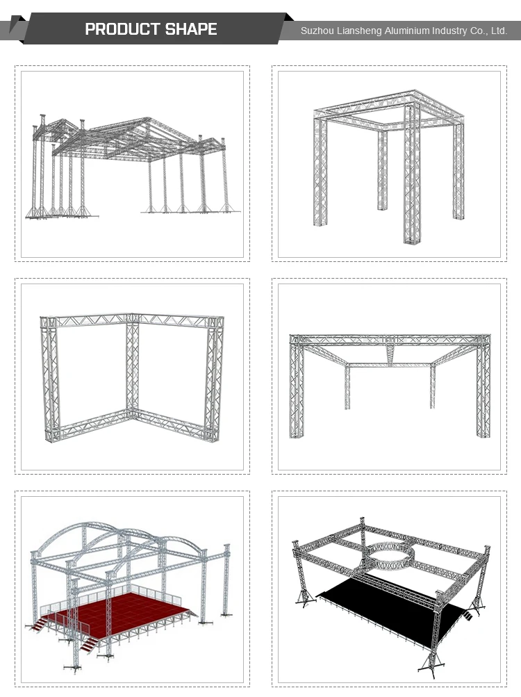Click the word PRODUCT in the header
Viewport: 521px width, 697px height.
click(x=122, y=29)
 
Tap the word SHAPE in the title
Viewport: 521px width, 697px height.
click(x=191, y=29)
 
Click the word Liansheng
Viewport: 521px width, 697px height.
click(x=355, y=31)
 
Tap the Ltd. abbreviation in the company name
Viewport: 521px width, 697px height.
click(x=499, y=31)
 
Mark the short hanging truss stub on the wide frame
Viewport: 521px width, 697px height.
click(x=392, y=356)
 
